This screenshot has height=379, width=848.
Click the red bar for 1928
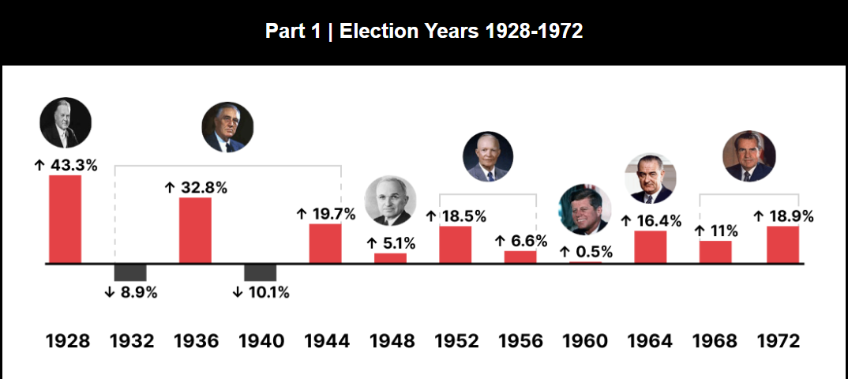[x=66, y=219]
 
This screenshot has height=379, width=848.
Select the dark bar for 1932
[x=130, y=272]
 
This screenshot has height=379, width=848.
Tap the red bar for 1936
[x=195, y=230]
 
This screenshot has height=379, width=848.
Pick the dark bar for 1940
[x=260, y=272]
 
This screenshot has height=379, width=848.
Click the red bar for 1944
[x=325, y=243]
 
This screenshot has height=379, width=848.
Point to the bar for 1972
[x=782, y=244]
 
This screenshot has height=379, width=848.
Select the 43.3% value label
[x=66, y=165]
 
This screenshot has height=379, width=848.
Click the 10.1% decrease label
[x=261, y=292]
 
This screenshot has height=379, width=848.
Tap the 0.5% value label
[x=586, y=252]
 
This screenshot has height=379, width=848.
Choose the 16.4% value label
[x=651, y=221]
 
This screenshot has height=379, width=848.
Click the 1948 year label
[x=392, y=341]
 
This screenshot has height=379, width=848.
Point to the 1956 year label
[x=521, y=341]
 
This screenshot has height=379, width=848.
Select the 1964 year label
[x=651, y=341]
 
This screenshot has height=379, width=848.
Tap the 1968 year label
[x=715, y=341]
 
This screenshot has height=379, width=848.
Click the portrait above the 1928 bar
[x=66, y=123]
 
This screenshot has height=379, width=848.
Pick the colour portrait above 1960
[x=585, y=209]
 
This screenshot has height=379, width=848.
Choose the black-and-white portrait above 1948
[x=390, y=201]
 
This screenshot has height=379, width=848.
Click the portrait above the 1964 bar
[x=651, y=178]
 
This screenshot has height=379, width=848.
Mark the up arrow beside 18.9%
[x=760, y=216]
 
